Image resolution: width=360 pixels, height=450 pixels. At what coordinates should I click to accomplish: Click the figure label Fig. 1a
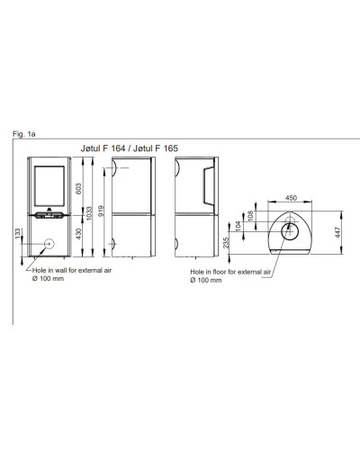pos(23,134)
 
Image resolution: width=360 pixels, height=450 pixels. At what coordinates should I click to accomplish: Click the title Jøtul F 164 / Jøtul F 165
pos(130,148)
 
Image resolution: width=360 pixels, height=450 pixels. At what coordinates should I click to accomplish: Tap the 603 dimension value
pos(78,189)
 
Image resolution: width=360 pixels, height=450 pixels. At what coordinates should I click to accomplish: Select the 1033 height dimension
pos(89,213)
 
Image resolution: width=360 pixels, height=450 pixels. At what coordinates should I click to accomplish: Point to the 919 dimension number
pos(101,211)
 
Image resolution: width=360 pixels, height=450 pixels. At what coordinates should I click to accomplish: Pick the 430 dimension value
pos(78,234)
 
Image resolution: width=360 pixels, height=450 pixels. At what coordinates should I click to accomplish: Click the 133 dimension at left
pos(18,234)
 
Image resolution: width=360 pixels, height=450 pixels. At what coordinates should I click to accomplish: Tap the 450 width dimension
pos(291,198)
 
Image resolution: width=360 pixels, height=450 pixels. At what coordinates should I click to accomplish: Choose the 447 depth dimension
pos(337,232)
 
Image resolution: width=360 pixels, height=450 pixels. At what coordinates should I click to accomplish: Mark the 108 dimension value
pos(251,215)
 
